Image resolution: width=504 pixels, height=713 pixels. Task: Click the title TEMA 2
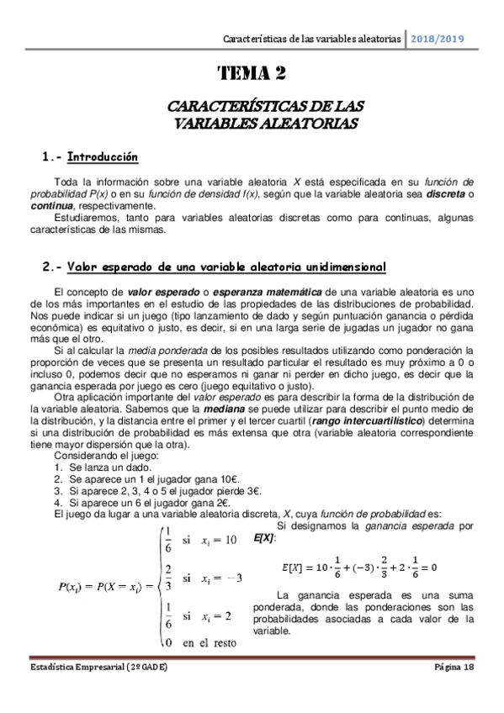pos(252,75)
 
